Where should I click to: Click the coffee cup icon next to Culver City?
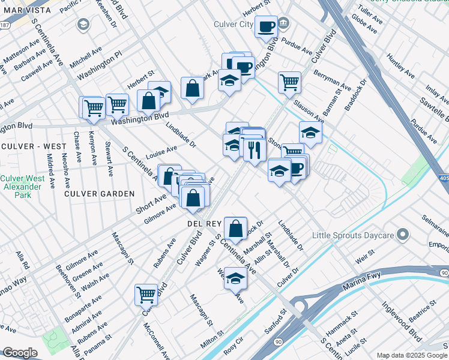pos(266,26)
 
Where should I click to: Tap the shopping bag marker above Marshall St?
pos(237,228)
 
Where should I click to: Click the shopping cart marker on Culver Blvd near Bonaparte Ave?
pos(146,295)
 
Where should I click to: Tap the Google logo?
pos(20,352)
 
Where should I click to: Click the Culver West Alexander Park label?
pos(22,187)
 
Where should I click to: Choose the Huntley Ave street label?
pos(400,67)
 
